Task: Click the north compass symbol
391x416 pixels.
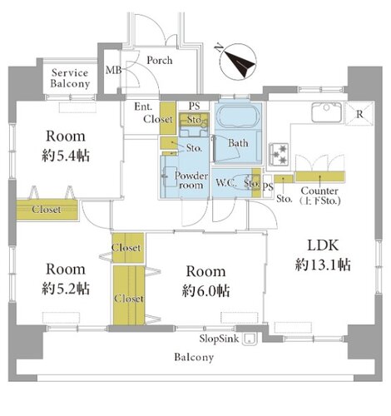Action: pyautogui.click(x=237, y=62)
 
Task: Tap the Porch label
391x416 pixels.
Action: pyautogui.click(x=160, y=60)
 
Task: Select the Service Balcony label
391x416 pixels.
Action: pyautogui.click(x=70, y=78)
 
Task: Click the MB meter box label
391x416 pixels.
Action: pyautogui.click(x=114, y=70)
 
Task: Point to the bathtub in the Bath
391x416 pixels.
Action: pyautogui.click(x=238, y=116)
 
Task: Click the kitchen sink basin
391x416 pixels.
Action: pyautogui.click(x=326, y=112)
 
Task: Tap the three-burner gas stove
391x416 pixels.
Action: pyautogui.click(x=278, y=154)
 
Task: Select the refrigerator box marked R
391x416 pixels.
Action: pyautogui.click(x=359, y=113)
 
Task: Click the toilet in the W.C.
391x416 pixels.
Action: pyautogui.click(x=244, y=182)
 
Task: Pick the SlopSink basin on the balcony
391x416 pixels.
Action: pyautogui.click(x=250, y=339)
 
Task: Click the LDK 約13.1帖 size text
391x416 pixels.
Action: pyautogui.click(x=323, y=255)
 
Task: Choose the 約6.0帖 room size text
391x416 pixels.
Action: pyautogui.click(x=205, y=291)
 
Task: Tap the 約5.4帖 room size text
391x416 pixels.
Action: pyautogui.click(x=66, y=156)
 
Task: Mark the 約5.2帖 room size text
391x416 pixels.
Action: pyautogui.click(x=66, y=289)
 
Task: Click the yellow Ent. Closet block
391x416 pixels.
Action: pyautogui.click(x=168, y=118)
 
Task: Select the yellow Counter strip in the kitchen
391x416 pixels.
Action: pyautogui.click(x=319, y=176)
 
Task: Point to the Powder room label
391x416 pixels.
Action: pyautogui.click(x=191, y=181)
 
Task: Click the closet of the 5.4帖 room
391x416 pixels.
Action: pyautogui.click(x=47, y=210)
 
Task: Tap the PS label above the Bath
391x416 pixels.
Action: pyautogui.click(x=194, y=106)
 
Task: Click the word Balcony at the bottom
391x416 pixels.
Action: pyautogui.click(x=194, y=357)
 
